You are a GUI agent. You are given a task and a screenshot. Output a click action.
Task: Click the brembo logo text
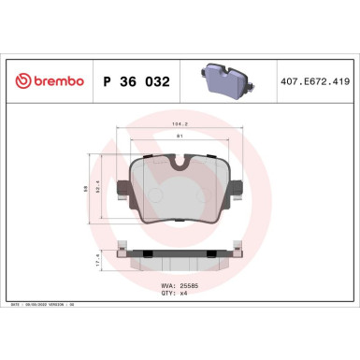[x=55, y=80]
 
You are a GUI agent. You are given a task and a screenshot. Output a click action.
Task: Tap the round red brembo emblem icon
[x=21, y=80]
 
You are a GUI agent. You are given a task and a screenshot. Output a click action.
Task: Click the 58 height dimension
[x=87, y=188]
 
